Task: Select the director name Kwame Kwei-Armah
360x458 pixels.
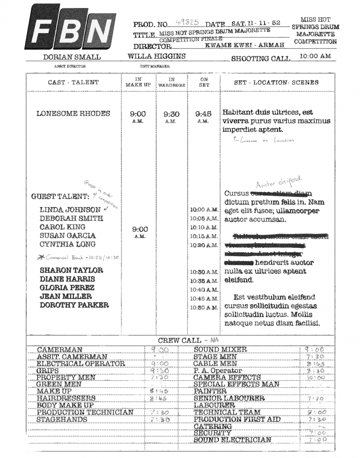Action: [245, 45]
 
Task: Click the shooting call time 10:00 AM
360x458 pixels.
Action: [315, 56]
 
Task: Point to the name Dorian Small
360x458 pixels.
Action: [72, 57]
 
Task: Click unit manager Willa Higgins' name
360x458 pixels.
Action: [157, 56]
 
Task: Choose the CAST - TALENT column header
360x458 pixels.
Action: [73, 82]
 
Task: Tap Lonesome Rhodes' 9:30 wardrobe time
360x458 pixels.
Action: [171, 114]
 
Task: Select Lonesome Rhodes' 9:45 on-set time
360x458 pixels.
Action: [203, 114]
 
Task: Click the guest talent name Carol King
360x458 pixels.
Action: [63, 227]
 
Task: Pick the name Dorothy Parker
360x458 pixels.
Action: [74, 305]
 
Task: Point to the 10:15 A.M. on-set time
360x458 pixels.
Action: [204, 237]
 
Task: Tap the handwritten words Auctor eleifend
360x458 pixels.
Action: [279, 182]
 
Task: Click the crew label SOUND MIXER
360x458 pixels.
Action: [220, 350]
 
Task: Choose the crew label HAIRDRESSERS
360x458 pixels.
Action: [66, 398]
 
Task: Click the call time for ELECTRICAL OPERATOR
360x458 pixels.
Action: [160, 364]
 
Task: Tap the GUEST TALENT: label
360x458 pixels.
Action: [60, 197]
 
